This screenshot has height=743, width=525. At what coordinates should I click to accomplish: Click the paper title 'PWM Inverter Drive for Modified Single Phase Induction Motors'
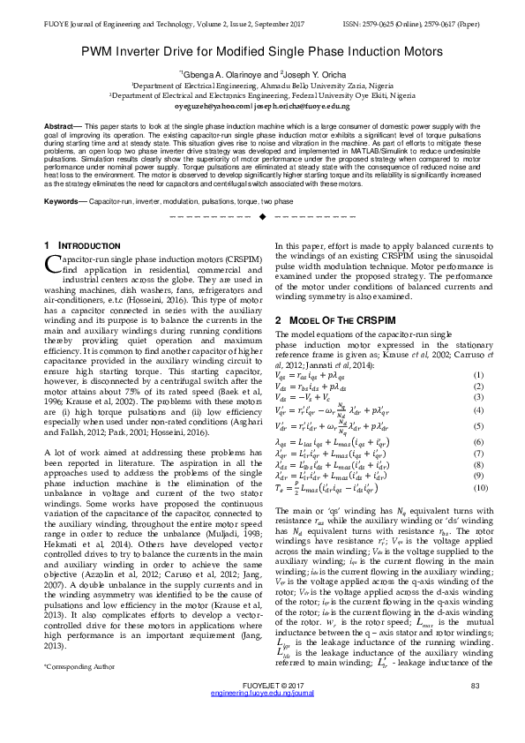tap(262, 54)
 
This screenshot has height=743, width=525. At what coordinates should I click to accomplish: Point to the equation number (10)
tap(477, 488)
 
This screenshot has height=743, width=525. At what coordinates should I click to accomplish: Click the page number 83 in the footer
tap(475, 710)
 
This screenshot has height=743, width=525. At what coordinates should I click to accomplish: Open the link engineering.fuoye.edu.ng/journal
tap(263, 719)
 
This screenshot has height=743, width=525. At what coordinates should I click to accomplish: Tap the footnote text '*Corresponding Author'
tap(79, 679)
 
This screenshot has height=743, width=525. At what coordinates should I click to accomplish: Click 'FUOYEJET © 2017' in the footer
tap(263, 710)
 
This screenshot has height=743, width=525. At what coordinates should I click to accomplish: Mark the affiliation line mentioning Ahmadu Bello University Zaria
tap(262, 86)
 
